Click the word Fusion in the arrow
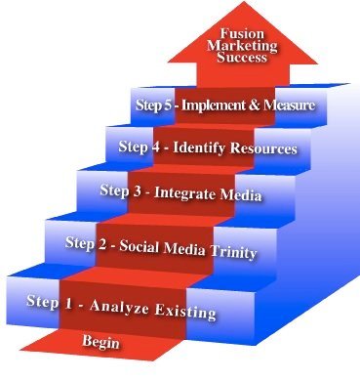click(242, 34)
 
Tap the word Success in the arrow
click(242, 58)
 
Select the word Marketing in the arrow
click(242, 46)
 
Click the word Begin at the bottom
click(100, 342)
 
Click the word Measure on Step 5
click(290, 106)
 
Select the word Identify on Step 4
click(199, 148)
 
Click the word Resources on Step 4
click(263, 148)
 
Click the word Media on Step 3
click(241, 194)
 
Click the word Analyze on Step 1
click(119, 307)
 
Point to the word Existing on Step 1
click(185, 311)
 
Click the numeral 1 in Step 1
click(68, 304)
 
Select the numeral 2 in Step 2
click(101, 245)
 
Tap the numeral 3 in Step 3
click(138, 191)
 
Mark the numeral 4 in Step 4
click(156, 147)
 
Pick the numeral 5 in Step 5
click(168, 106)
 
